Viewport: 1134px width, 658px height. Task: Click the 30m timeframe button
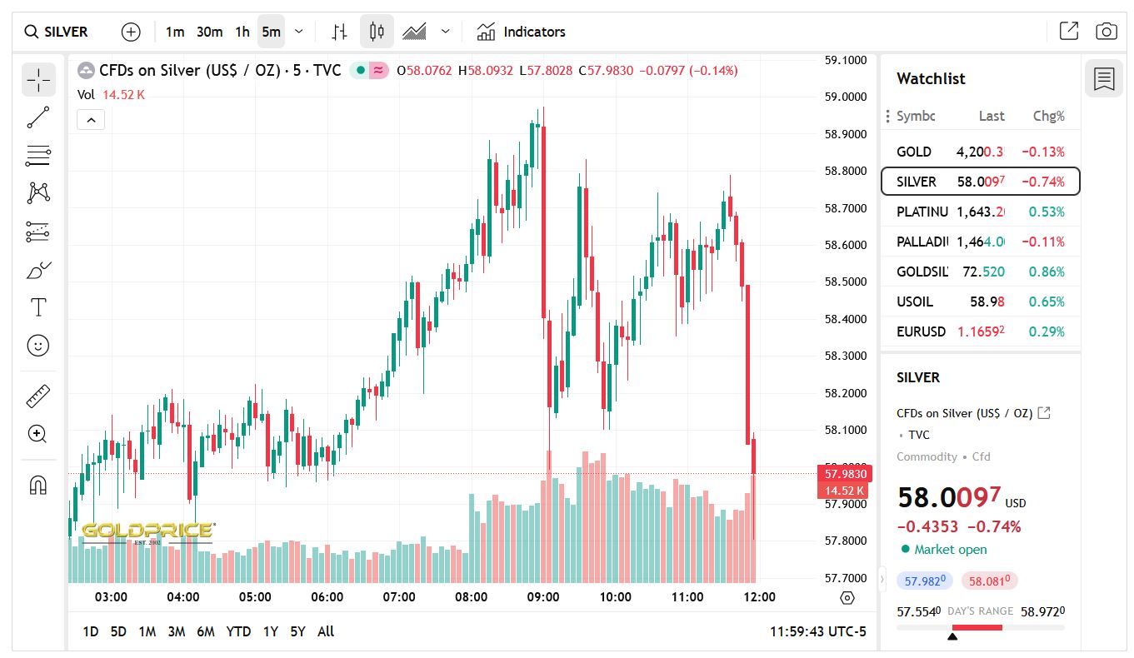(209, 32)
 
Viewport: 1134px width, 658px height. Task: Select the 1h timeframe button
(242, 32)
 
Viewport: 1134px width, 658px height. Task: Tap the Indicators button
(521, 32)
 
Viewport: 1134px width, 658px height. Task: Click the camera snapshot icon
(1106, 32)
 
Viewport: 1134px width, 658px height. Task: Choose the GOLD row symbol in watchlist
(914, 152)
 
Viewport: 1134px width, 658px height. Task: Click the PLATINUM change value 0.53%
(1047, 212)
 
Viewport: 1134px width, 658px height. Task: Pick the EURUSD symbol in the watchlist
(921, 331)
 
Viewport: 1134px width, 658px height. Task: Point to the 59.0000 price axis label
(846, 97)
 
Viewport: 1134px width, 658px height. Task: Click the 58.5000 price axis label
(846, 282)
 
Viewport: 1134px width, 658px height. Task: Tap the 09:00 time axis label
(543, 596)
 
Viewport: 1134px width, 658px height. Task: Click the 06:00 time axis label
(327, 596)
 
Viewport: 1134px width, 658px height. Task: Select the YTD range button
(238, 631)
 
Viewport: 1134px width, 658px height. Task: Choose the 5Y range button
(297, 631)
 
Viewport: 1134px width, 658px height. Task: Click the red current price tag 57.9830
(846, 474)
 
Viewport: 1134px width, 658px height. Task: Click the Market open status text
(950, 549)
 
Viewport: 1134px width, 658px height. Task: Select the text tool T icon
(38, 307)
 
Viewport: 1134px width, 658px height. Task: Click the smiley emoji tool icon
(38, 345)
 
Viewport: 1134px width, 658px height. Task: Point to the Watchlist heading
(931, 78)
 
